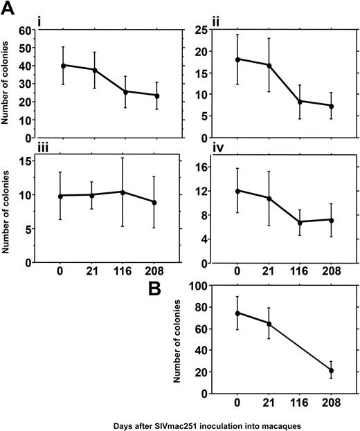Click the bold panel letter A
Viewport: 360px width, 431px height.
point(9,9)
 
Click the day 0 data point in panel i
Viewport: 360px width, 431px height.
point(64,65)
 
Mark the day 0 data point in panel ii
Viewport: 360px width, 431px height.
point(238,59)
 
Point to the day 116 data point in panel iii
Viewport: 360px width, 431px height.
point(123,192)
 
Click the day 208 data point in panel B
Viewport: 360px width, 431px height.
point(332,370)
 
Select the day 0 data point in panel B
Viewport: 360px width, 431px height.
point(238,313)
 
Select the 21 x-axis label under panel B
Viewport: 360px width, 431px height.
point(270,404)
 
